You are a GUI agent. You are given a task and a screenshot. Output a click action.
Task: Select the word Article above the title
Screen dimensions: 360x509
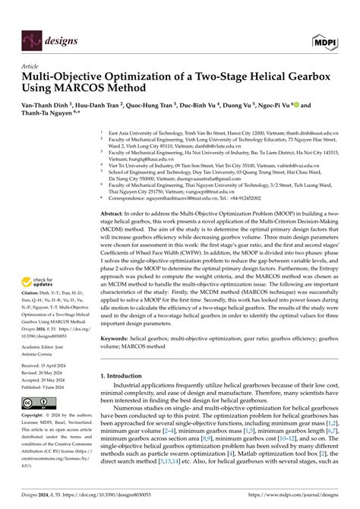[30, 67]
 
